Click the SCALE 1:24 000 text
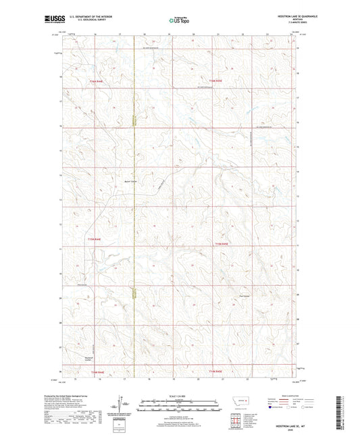(179, 396)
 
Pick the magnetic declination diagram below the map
(126, 406)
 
